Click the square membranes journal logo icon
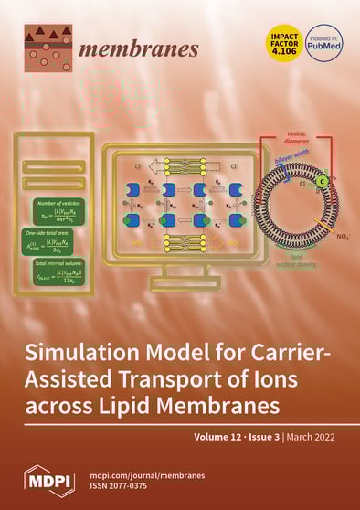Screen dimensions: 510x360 click(x=48, y=47)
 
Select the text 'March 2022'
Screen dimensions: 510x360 click(x=320, y=437)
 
